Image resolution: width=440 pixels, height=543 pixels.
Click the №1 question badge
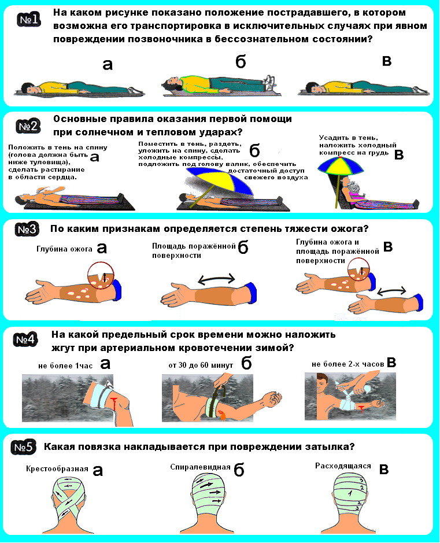coord(29,20)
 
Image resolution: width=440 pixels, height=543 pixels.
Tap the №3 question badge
coord(27,230)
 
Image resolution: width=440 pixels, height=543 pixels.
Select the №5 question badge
coord(24,447)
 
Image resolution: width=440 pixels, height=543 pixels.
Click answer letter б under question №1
coord(241,62)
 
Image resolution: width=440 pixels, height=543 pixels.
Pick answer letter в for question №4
coord(391,363)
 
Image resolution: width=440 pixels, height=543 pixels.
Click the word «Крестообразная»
coord(57,469)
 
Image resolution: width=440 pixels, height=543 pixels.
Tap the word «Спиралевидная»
coord(200,467)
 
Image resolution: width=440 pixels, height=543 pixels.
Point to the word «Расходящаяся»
coord(343,466)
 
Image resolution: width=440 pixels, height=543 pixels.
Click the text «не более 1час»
coord(65,365)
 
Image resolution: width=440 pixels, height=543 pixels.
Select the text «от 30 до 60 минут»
coord(201,365)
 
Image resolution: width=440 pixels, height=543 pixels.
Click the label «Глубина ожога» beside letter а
coord(64,249)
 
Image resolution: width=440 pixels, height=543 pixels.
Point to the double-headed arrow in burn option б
coord(216,278)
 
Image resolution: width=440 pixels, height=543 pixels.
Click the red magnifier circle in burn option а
coord(101,275)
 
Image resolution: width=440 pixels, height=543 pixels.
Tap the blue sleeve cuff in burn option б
coord(251,293)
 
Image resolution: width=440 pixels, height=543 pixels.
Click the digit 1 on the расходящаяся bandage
coord(350,493)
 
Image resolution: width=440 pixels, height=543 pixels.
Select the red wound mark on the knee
coord(113,404)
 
